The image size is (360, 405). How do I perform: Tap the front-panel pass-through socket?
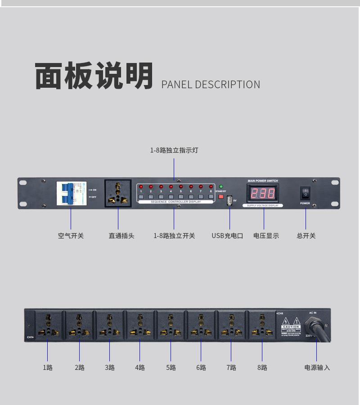pyautogui.click(x=118, y=193)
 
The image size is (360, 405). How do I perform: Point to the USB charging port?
pyautogui.click(x=229, y=200)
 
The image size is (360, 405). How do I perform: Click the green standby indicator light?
pyautogui.click(x=221, y=186)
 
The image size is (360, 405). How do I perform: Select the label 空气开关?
pyautogui.click(x=71, y=235)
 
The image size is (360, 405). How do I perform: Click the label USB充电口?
pyautogui.click(x=227, y=235)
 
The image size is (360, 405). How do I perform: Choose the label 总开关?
pyautogui.click(x=306, y=235)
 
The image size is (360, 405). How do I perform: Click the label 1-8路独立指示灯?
pyautogui.click(x=174, y=150)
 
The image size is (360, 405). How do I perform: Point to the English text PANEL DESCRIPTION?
pyautogui.click(x=211, y=85)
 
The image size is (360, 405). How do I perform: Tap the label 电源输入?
pyautogui.click(x=317, y=368)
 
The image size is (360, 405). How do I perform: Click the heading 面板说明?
pyautogui.click(x=94, y=76)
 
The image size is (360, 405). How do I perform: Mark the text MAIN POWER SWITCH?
pyautogui.click(x=263, y=181)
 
